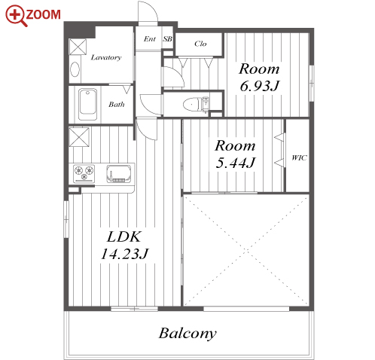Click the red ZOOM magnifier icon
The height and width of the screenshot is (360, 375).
pos(16,15)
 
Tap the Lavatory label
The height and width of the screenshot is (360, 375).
pos(106,57)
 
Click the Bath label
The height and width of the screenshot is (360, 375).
pos(117,104)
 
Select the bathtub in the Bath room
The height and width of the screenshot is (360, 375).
pos(87,105)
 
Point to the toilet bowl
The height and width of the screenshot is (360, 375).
pos(192,104)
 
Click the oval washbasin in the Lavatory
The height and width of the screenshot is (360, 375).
pos(75,69)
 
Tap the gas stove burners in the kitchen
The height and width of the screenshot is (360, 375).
pos(84,173)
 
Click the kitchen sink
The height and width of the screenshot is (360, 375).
pos(118,173)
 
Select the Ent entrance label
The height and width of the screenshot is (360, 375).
pos(150,39)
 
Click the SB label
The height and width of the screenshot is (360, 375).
pos(168,39)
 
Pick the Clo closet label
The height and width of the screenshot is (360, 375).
pos(200,44)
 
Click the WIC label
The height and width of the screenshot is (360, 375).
pos(299,157)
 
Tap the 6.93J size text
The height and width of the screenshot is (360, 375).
pos(260,86)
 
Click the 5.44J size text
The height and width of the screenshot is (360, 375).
pos(236,163)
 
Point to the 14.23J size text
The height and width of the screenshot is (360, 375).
pos(124,254)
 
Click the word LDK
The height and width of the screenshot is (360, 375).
pos(124,236)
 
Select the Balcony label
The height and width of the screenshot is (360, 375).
pos(187,334)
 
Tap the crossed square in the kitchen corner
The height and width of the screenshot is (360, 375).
pos(79,137)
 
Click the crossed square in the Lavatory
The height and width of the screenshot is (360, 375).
pos(78,47)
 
